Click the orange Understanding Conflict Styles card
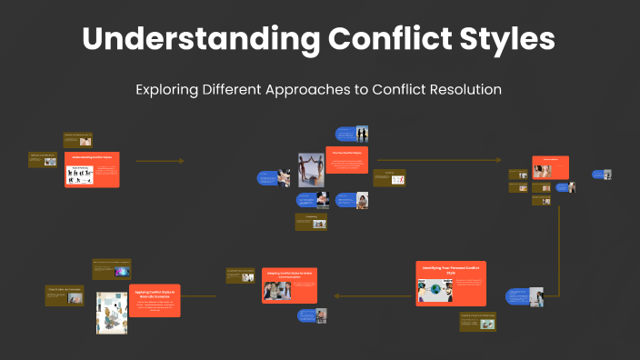coord(92,169)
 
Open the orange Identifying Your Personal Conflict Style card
coord(451,283)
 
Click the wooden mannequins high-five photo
coord(311,170)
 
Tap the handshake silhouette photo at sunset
coord(362,134)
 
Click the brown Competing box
coord(310,222)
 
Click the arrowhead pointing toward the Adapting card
coord(337,296)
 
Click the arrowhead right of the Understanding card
coord(181,161)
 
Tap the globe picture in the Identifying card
coord(433,290)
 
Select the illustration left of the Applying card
coord(111,313)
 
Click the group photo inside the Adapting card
coord(276,291)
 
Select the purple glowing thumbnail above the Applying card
coord(122,271)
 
